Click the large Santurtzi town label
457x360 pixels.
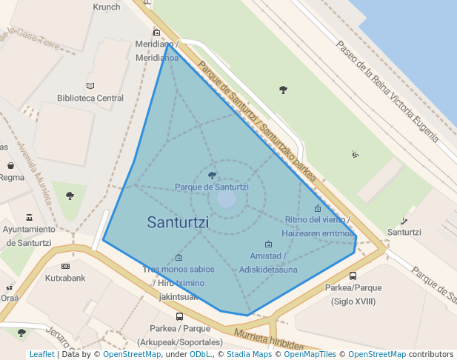[x=178, y=222]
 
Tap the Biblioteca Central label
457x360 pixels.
[x=90, y=98]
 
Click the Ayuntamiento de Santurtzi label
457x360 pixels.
[x=28, y=236]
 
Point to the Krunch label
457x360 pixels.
[x=107, y=7]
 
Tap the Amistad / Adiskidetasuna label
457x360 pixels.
[x=268, y=263]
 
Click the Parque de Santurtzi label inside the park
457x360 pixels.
[x=212, y=187]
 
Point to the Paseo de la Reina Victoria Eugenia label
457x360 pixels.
[x=387, y=89]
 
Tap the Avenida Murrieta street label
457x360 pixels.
[x=37, y=175]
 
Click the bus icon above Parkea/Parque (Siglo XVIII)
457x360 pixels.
[x=353, y=276]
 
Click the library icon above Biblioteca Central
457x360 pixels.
[x=90, y=86]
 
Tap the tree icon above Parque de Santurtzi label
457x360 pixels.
[x=213, y=176]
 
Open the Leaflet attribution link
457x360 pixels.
[x=41, y=354]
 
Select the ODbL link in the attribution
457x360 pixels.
[x=200, y=354]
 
